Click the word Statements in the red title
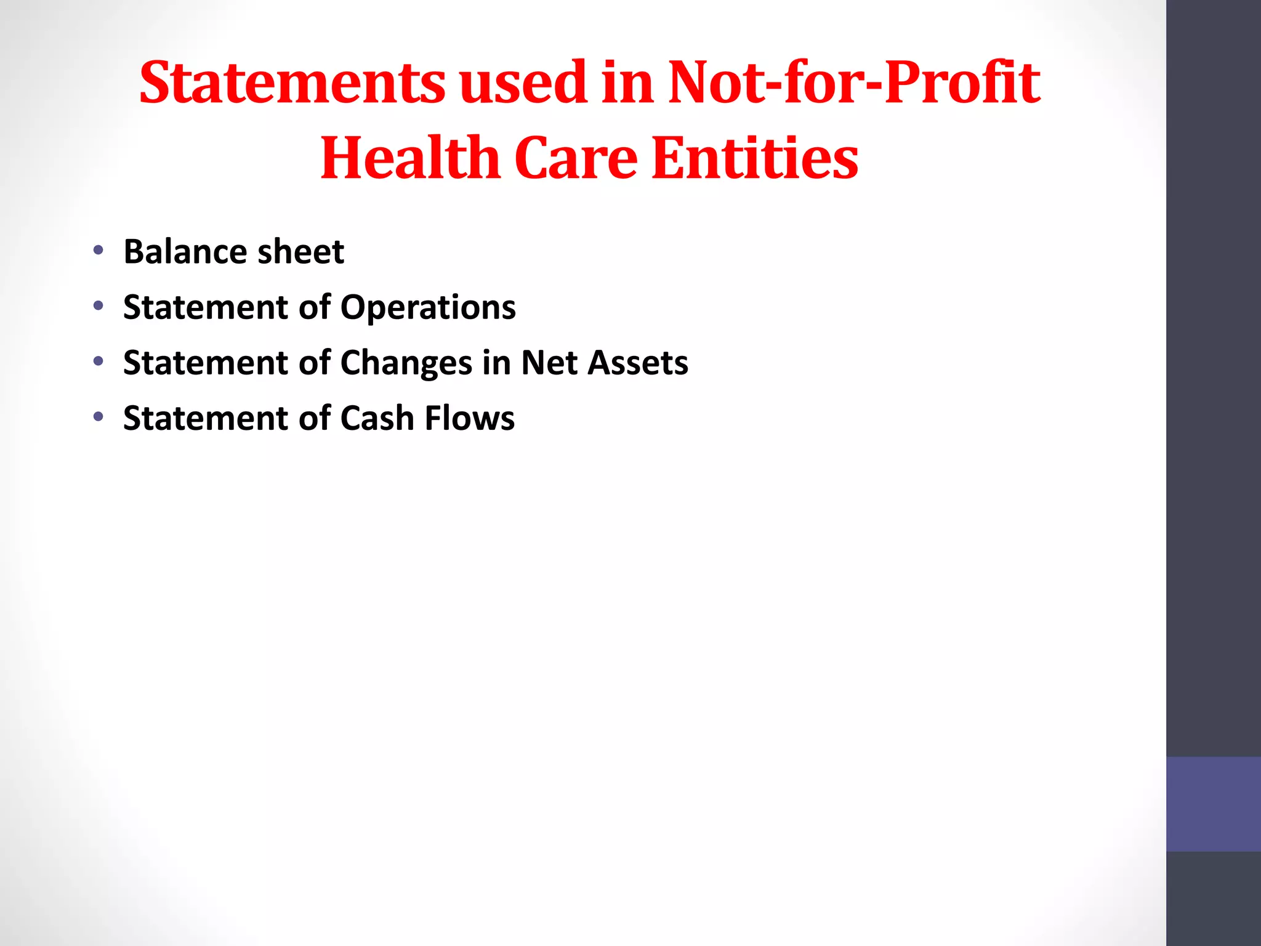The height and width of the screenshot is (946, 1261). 292,83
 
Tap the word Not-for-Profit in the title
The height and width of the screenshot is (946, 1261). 854,83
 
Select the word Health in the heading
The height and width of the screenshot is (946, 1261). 409,158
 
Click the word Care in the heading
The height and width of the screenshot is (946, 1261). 576,158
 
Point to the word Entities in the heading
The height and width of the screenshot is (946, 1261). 754,158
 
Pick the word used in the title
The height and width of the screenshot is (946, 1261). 523,83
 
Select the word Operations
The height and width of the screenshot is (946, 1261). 428,307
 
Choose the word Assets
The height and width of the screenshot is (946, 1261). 638,363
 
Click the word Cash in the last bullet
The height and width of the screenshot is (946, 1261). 377,418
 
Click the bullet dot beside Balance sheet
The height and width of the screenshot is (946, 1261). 98,250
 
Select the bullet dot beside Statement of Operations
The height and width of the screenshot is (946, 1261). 98,305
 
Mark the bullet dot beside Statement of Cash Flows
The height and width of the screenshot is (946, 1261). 98,417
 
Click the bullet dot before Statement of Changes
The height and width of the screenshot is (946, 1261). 98,362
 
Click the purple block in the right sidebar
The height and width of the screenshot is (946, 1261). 1213,804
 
